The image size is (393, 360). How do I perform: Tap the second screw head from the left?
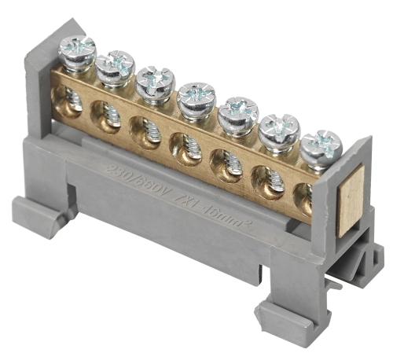(x=116, y=65)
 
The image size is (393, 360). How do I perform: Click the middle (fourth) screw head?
(x=193, y=98)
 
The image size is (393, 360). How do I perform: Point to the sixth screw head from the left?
(x=278, y=128)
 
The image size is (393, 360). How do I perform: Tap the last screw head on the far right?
(x=321, y=145)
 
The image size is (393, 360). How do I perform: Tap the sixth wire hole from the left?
(x=263, y=178)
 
